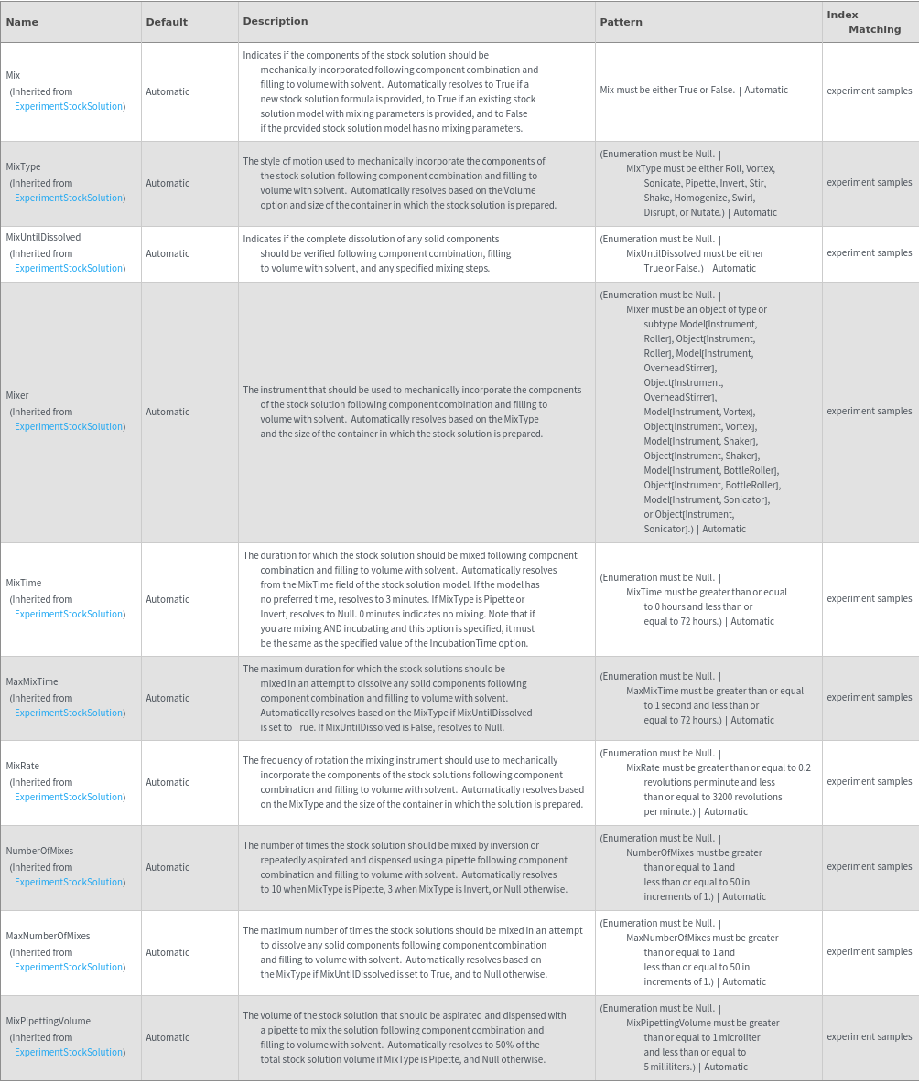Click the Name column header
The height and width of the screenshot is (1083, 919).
[x=22, y=22]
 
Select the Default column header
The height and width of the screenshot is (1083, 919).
[x=167, y=22]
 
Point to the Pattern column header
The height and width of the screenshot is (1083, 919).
[x=621, y=22]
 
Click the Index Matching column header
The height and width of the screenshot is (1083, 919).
[x=863, y=22]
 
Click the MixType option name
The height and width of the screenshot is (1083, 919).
[x=24, y=166]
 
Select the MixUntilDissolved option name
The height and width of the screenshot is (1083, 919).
[x=43, y=237]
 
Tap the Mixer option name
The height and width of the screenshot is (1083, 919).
[x=17, y=395]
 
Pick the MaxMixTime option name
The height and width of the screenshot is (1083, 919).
[x=32, y=681]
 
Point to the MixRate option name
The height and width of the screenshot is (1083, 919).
[x=23, y=766]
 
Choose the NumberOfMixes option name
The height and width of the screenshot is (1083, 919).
[x=39, y=851]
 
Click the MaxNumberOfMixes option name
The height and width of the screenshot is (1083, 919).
[x=48, y=936]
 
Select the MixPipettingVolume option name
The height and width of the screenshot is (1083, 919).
[x=48, y=1021]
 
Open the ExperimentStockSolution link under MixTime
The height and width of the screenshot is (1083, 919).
[x=69, y=614]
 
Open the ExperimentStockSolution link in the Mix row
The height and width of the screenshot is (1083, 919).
[x=69, y=106]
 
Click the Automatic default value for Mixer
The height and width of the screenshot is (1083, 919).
[x=168, y=412]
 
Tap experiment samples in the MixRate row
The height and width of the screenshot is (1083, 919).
[x=869, y=781]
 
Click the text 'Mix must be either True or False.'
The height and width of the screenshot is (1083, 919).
[x=667, y=90]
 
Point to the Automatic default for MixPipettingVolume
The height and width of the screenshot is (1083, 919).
[x=168, y=1037]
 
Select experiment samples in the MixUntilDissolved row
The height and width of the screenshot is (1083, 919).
[x=869, y=252]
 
